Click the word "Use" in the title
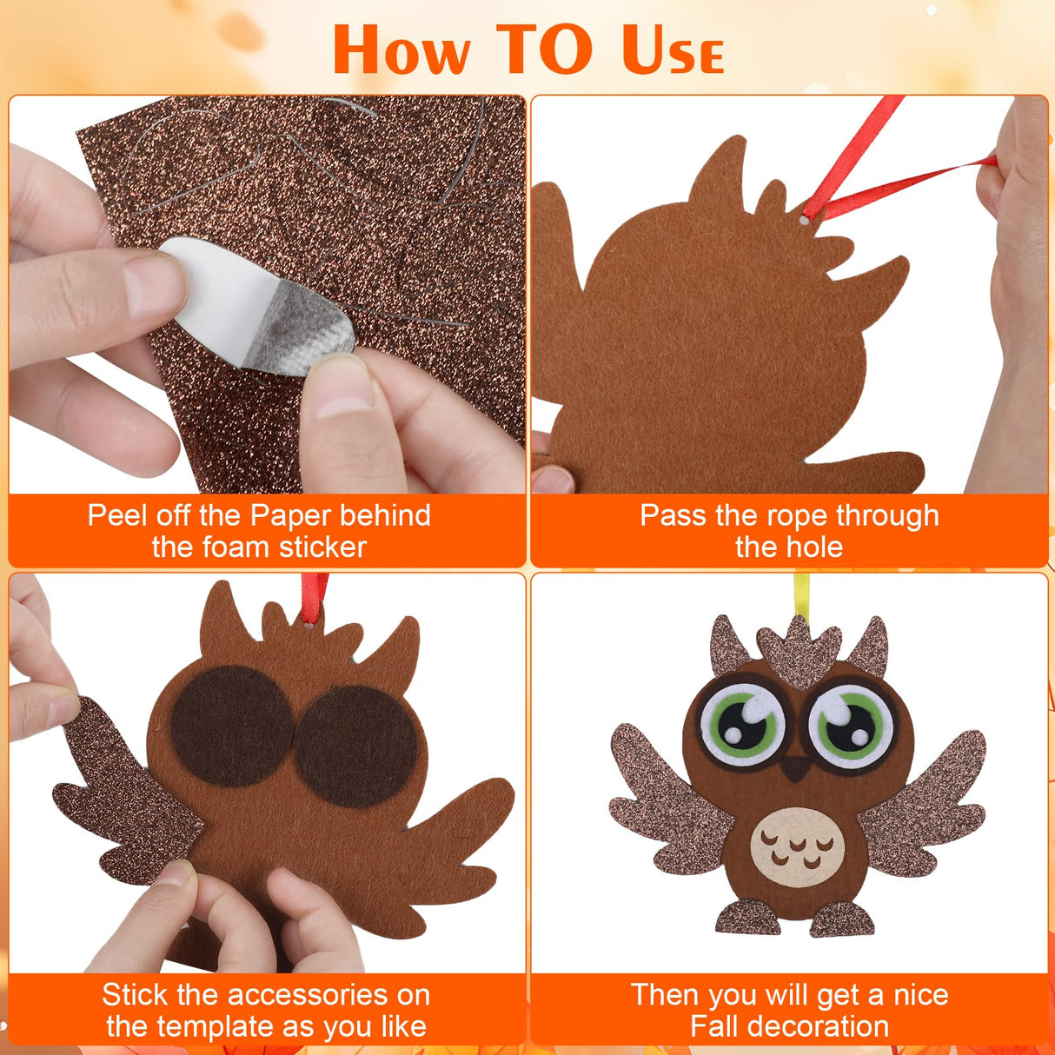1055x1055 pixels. tap(672, 50)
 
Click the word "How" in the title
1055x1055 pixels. tap(401, 50)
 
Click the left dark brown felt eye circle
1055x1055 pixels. tap(231, 727)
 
